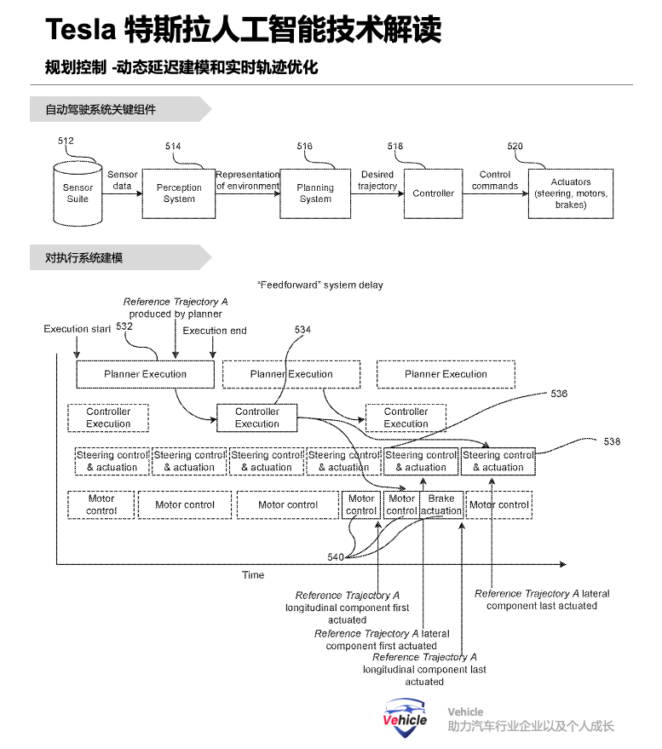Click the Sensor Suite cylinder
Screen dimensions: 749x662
(78, 193)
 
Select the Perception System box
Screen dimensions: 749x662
(179, 193)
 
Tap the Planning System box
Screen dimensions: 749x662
(315, 193)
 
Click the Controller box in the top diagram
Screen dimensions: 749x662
(434, 193)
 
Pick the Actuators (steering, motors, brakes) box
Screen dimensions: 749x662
(570, 193)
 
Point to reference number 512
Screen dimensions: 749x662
(66, 141)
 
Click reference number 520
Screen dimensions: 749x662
(515, 146)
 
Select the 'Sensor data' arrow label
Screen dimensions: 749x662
(123, 180)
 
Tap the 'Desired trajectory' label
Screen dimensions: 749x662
(377, 180)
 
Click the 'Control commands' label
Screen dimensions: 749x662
(495, 180)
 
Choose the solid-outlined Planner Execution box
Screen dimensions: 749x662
(145, 374)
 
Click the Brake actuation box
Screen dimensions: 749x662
(441, 504)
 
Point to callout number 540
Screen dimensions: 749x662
(336, 556)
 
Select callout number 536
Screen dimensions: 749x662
(559, 394)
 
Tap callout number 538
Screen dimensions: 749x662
(612, 441)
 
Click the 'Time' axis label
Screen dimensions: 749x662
(253, 575)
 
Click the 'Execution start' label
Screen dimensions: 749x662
(78, 329)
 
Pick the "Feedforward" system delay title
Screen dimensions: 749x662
(319, 285)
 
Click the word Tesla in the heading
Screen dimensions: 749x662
(80, 30)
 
